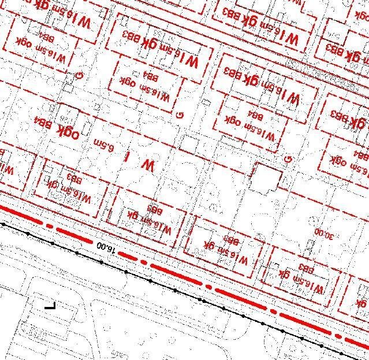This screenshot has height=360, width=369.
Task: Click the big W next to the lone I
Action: click(x=148, y=166)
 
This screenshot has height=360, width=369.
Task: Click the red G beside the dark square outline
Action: click(x=287, y=159)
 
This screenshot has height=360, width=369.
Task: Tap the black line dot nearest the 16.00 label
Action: click(x=101, y=262)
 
